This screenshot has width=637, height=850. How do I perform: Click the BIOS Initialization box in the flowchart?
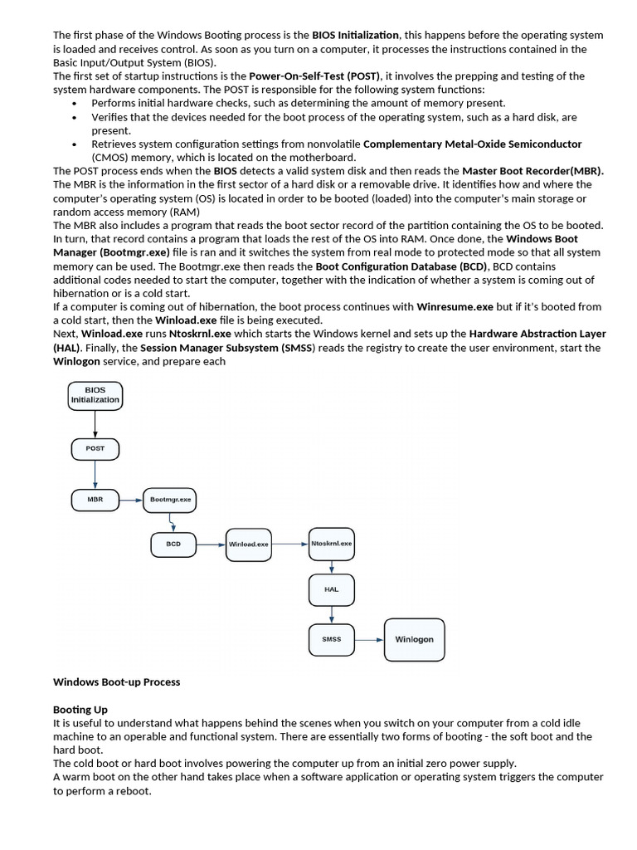[95, 394]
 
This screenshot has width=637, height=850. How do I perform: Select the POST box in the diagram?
[95, 448]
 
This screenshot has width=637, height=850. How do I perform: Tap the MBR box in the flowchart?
[95, 500]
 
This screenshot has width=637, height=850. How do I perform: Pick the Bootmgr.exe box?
[171, 500]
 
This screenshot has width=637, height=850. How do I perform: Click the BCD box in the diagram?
[173, 544]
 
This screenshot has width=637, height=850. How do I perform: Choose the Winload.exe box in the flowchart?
[248, 544]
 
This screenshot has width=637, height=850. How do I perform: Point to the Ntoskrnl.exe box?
[331, 544]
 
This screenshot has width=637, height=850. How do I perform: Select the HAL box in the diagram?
[331, 589]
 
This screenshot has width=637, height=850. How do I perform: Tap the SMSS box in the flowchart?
[331, 639]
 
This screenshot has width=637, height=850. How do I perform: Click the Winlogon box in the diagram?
[414, 639]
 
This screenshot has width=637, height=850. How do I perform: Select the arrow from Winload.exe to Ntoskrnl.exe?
[289, 544]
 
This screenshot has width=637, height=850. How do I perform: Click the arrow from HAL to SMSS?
[331, 614]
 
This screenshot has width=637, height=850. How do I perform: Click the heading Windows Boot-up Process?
[116, 681]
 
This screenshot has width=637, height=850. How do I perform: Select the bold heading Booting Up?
[80, 710]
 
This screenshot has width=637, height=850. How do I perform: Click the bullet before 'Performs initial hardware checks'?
[75, 103]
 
